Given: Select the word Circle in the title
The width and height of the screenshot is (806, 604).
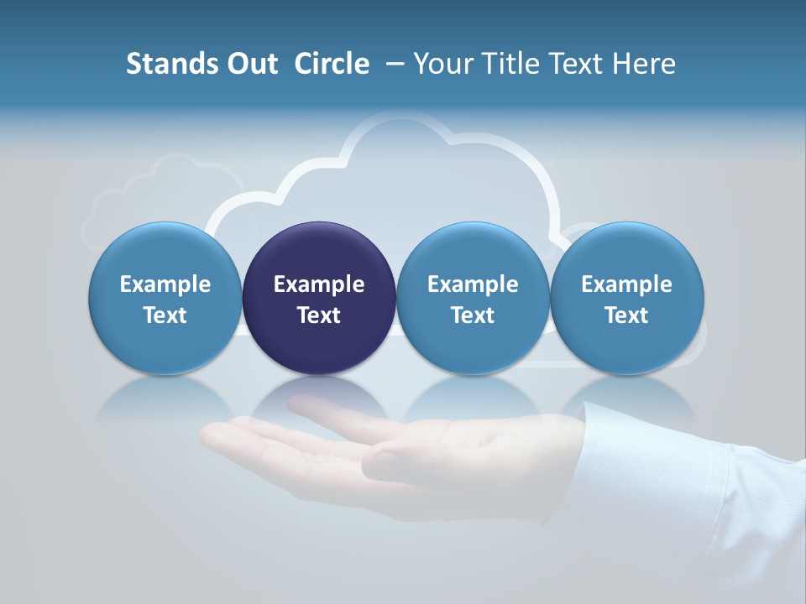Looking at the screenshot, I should tap(332, 64).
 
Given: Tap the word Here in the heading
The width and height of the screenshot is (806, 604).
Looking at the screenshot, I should tap(644, 64).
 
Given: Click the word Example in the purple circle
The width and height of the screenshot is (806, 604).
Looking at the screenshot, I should tap(319, 284).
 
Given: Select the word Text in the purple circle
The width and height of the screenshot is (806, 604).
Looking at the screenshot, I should tap(319, 315).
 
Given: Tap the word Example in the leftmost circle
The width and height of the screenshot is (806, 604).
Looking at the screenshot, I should tap(165, 284).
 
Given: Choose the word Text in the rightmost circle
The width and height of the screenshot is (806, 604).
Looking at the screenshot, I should tap(626, 315).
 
